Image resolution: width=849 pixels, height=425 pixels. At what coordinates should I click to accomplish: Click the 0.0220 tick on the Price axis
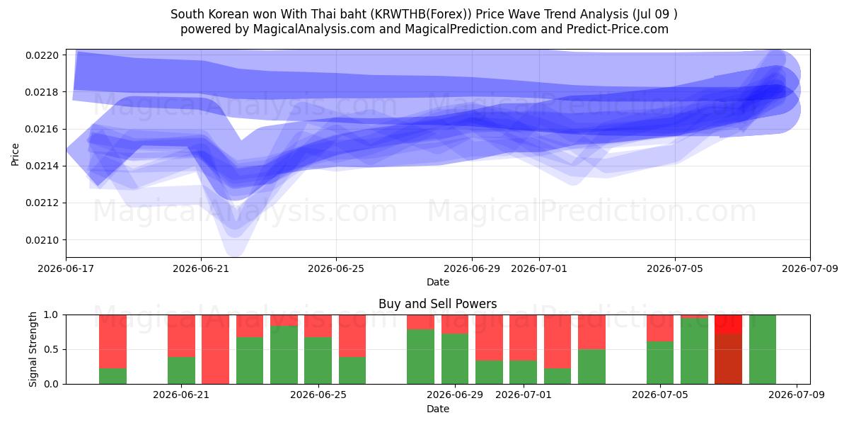42,55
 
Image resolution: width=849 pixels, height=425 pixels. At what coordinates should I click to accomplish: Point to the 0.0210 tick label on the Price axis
42,240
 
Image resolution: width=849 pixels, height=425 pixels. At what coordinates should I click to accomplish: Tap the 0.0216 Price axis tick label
42,130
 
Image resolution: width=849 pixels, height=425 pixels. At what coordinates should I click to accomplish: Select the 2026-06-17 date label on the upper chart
66,268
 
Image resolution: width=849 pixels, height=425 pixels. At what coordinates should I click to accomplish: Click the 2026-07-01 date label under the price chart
539,268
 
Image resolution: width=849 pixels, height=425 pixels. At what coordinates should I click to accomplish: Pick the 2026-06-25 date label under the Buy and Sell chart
318,395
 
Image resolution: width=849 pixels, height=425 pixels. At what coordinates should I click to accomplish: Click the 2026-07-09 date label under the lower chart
797,395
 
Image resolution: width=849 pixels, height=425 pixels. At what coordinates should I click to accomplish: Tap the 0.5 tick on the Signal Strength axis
51,349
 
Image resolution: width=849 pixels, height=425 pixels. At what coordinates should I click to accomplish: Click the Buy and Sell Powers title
438,304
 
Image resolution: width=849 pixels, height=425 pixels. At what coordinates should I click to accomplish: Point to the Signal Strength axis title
33,349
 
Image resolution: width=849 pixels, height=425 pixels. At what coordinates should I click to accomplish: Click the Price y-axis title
15,154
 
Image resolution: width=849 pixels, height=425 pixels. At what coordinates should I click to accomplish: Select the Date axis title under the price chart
438,282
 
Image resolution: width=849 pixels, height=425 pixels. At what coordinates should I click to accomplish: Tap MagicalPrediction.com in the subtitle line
470,29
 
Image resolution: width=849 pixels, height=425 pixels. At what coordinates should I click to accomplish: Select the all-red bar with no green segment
215,349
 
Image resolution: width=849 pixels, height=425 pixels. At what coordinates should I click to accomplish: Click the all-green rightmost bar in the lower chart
763,349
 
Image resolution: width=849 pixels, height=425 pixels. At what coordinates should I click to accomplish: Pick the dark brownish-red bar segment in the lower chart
728,359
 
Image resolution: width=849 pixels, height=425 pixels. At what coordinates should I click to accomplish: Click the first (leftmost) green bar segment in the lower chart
112,376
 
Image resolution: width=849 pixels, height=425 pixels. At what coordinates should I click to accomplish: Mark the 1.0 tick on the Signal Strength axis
51,315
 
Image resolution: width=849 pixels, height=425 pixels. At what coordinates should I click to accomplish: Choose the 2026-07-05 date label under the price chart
675,268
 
